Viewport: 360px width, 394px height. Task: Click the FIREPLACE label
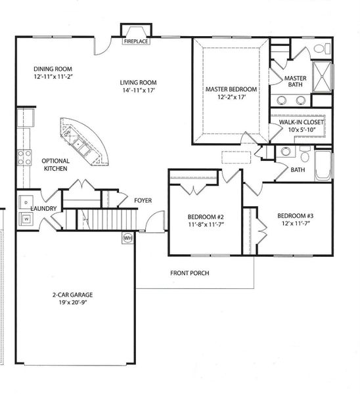click(x=136, y=41)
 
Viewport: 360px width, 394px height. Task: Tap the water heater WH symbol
click(x=127, y=238)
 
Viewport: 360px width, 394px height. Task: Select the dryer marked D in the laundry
click(x=26, y=202)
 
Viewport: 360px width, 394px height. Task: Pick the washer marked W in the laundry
click(x=26, y=219)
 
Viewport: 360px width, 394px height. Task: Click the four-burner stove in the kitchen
click(x=24, y=157)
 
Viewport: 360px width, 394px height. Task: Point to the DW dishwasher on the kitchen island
click(x=68, y=131)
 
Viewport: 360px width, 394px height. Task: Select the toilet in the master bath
click(x=321, y=49)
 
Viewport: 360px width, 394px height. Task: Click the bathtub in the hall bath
click(x=323, y=165)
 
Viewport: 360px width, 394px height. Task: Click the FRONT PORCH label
click(x=190, y=273)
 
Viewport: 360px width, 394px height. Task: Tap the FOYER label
click(x=143, y=200)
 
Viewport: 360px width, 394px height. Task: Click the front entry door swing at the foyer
click(x=155, y=222)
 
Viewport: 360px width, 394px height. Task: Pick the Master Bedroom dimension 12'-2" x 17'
click(x=231, y=97)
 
